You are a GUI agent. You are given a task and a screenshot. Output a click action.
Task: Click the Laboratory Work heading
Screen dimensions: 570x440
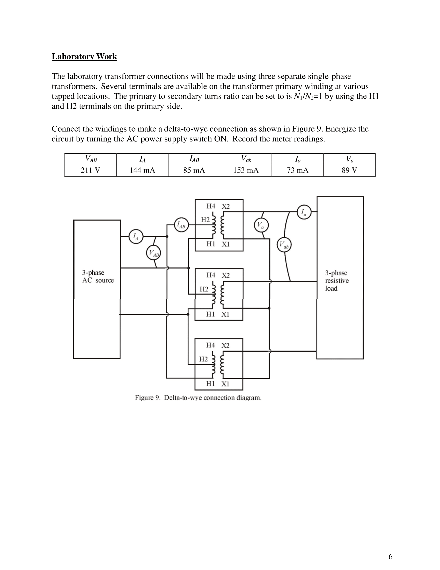coord(84,56)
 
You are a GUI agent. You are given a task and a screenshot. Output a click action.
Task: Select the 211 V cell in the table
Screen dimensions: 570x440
coord(90,170)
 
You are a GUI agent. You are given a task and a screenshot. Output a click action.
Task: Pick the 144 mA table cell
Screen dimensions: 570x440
coord(142,170)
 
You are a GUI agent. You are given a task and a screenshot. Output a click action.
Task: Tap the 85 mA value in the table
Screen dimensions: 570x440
coord(194,170)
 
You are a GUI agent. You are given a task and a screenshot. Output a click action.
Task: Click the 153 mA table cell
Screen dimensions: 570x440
coord(246,170)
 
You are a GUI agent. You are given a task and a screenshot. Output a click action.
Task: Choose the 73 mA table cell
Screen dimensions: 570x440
coord(297,170)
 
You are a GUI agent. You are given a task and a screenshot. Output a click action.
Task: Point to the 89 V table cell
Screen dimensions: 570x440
coord(349,170)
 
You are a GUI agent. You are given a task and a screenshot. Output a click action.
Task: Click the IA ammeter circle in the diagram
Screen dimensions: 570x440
coord(136,237)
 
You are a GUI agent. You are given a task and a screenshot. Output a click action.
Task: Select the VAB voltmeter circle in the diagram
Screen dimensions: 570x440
coord(153,253)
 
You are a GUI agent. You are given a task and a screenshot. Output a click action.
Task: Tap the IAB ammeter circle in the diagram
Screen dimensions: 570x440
coord(181,224)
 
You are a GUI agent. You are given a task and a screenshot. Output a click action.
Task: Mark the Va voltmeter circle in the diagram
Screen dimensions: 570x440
coord(261,225)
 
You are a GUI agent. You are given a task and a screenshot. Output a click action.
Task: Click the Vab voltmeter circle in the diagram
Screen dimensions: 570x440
coord(284,245)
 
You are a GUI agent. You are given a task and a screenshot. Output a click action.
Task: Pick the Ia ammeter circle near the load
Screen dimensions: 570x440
coord(304,212)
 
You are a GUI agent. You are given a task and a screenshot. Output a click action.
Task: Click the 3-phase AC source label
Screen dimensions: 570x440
coord(98,276)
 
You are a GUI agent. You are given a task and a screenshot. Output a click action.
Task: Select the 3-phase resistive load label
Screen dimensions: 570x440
coord(336,281)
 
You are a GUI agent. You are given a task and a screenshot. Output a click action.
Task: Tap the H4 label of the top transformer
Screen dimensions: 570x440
coord(211,206)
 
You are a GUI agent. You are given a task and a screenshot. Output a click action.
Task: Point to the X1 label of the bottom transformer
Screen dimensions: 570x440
coord(225,384)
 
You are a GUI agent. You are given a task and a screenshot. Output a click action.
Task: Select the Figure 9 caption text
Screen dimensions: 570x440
coord(198,398)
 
